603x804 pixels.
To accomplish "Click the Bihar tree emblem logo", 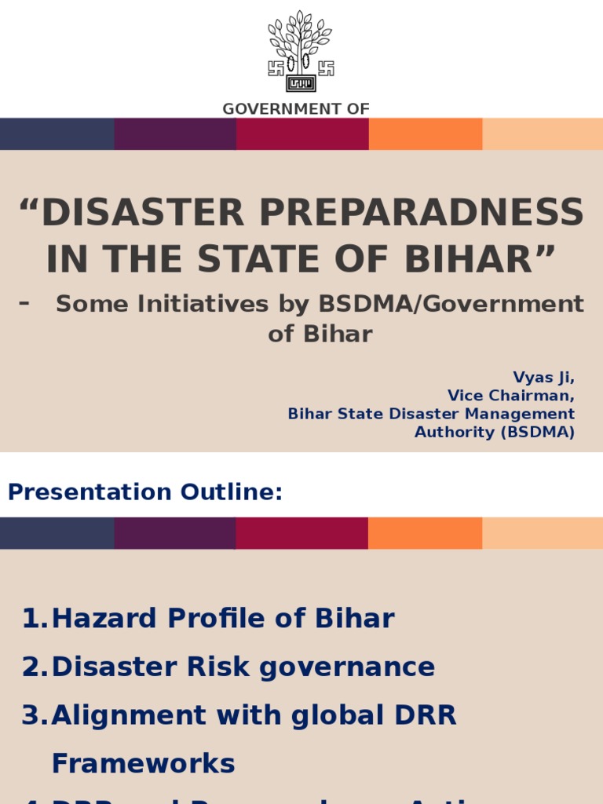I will click(301, 51).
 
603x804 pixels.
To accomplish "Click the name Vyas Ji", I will click(543, 377).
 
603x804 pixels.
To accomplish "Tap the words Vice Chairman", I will click(510, 395).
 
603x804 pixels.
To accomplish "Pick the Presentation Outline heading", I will click(145, 492).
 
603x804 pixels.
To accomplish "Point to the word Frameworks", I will click(143, 763).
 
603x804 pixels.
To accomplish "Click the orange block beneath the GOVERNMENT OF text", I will click(425, 133).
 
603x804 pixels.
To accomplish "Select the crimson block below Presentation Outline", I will click(301, 533).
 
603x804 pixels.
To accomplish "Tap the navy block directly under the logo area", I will click(57, 133).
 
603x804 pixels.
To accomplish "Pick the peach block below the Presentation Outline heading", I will click(543, 533).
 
